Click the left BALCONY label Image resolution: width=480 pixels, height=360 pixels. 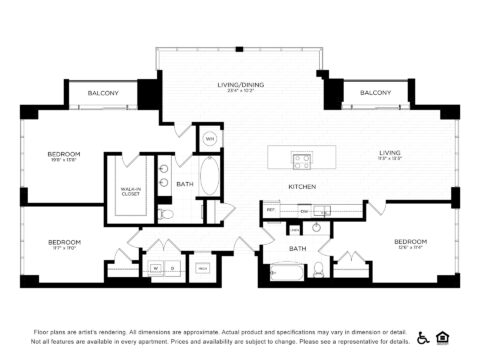(103, 93)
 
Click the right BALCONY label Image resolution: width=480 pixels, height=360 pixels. (375, 93)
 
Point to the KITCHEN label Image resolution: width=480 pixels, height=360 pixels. (302, 187)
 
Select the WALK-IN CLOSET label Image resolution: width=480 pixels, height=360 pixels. (130, 191)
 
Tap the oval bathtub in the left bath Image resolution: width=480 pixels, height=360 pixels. (211, 176)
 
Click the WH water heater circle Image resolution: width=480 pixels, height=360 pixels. (210, 138)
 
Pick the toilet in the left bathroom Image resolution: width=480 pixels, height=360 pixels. (167, 214)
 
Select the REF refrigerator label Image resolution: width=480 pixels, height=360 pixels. (271, 211)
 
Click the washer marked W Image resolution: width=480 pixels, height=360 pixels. (156, 268)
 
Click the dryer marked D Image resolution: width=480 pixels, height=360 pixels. (173, 268)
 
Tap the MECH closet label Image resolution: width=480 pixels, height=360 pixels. (202, 268)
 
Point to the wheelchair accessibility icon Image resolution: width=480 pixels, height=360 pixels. (423, 337)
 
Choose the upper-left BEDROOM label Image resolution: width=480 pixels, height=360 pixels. (64, 153)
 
